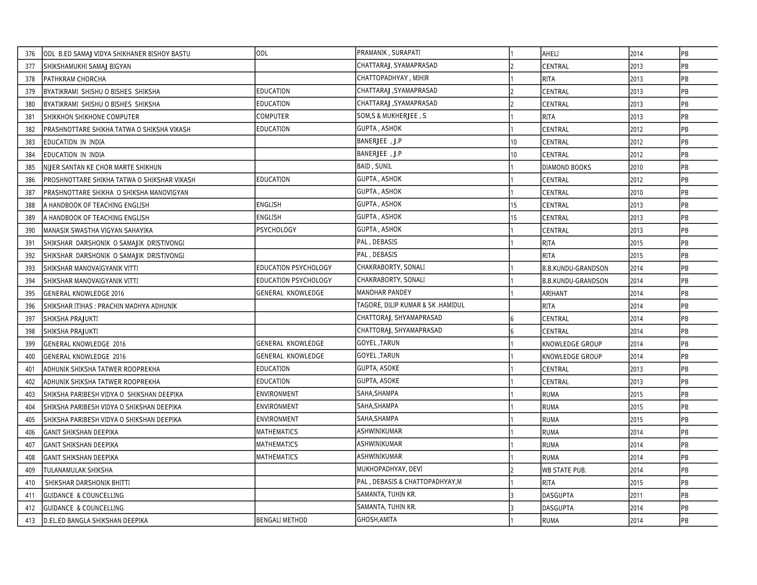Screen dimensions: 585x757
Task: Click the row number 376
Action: pos(30,54)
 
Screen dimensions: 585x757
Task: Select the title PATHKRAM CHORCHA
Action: pos(75,79)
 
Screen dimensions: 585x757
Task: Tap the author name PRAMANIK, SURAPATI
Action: pos(388,53)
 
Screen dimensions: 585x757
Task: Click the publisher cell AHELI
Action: pos(551,54)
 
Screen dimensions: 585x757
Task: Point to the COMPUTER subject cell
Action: pos(273,116)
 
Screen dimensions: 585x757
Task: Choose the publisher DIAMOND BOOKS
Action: pos(566,167)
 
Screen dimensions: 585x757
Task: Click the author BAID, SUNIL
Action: pos(374,166)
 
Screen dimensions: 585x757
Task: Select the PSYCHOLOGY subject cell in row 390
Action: pos(276,230)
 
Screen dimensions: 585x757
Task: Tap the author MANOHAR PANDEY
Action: pos(384,292)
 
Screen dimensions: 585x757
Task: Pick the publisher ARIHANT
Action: pos(555,294)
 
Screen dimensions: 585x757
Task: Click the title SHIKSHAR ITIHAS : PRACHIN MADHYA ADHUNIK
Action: pos(110,306)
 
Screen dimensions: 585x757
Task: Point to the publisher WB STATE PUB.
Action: pos(564,470)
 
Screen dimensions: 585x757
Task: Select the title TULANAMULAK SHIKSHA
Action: pos(78,470)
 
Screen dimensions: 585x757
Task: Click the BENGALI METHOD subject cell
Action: pos(282,520)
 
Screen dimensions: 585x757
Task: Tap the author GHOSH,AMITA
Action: pos(377,520)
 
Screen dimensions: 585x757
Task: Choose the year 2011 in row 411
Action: pos(636,496)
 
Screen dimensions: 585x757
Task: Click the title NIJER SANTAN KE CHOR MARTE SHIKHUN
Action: pos(103,167)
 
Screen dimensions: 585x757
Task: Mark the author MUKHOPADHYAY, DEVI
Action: pos(390,469)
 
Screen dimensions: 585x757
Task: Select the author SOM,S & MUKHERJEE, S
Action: pos(392,116)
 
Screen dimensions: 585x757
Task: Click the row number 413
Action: pos(30,521)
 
